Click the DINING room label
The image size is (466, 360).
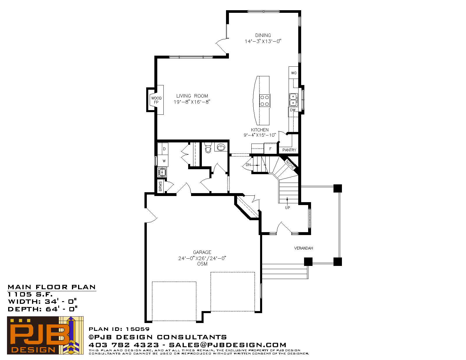[263, 35]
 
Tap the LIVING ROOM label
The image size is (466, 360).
[192, 96]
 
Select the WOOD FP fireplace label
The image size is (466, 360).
[156, 100]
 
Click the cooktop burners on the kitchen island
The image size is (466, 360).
[265, 100]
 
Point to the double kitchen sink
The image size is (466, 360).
[293, 100]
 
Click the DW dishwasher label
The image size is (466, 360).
[293, 110]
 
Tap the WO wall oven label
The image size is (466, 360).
[294, 73]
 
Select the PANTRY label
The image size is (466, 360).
[289, 150]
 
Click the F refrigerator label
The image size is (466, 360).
[270, 149]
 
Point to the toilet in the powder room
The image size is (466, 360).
[208, 147]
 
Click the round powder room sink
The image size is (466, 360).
[221, 147]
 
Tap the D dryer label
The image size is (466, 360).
[164, 149]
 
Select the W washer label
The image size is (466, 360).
[164, 161]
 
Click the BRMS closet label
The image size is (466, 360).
[160, 186]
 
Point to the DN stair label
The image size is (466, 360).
[248, 165]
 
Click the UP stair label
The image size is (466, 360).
[287, 208]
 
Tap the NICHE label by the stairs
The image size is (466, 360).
[290, 165]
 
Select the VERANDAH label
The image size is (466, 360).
[303, 248]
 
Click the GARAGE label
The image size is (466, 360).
[202, 252]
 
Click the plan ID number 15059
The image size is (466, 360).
[137, 329]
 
